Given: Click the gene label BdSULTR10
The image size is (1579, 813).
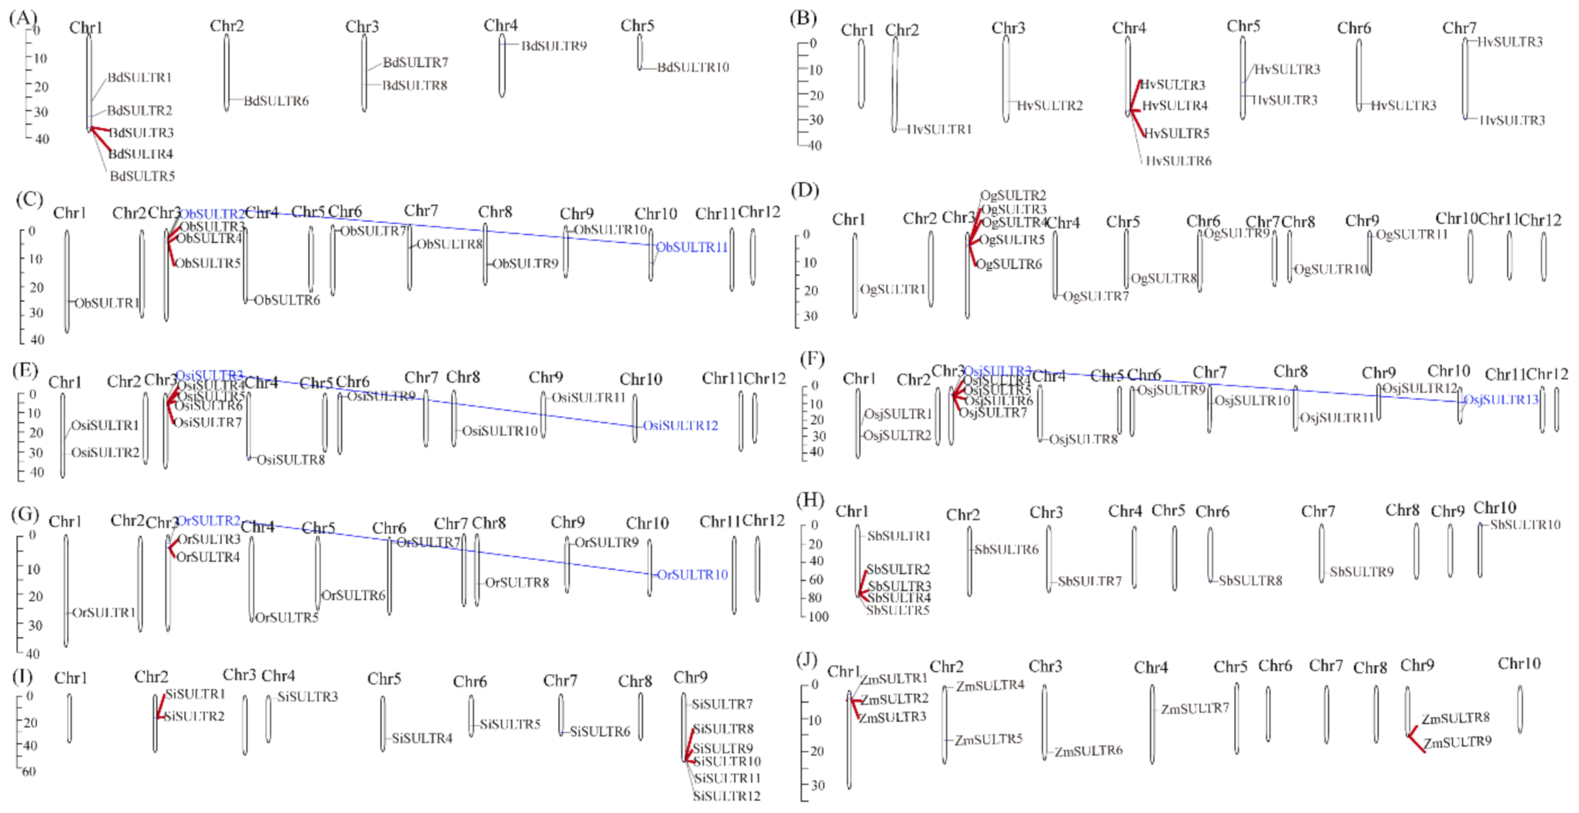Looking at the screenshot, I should [692, 67].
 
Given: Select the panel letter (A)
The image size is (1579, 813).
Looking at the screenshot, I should [23, 17].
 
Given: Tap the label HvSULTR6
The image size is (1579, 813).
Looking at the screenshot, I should [1178, 161].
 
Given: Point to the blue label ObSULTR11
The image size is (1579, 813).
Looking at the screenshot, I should [692, 247].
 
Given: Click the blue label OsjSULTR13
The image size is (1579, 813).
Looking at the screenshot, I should [1501, 400].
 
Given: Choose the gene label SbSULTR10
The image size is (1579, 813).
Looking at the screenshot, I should [1525, 525].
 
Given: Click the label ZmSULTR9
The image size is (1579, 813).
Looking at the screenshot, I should [1457, 742].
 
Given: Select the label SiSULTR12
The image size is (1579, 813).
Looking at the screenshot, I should [727, 796].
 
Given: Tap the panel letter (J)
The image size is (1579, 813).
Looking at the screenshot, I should [807, 660].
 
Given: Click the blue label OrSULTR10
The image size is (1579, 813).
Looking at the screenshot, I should [692, 575].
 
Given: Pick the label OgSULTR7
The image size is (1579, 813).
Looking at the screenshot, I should [1095, 296].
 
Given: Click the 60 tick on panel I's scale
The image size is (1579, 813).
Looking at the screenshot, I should [28, 772].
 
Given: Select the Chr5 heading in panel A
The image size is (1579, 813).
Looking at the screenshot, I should [637, 26].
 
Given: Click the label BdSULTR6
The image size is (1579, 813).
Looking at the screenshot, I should [276, 101].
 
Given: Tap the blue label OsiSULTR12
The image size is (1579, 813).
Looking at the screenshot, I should [680, 426].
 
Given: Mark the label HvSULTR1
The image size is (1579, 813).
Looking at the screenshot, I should [938, 130].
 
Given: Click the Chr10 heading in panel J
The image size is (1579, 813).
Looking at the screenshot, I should [1518, 664].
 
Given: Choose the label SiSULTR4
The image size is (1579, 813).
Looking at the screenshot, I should [422, 738].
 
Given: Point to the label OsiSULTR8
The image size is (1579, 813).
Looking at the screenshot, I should [291, 460].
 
